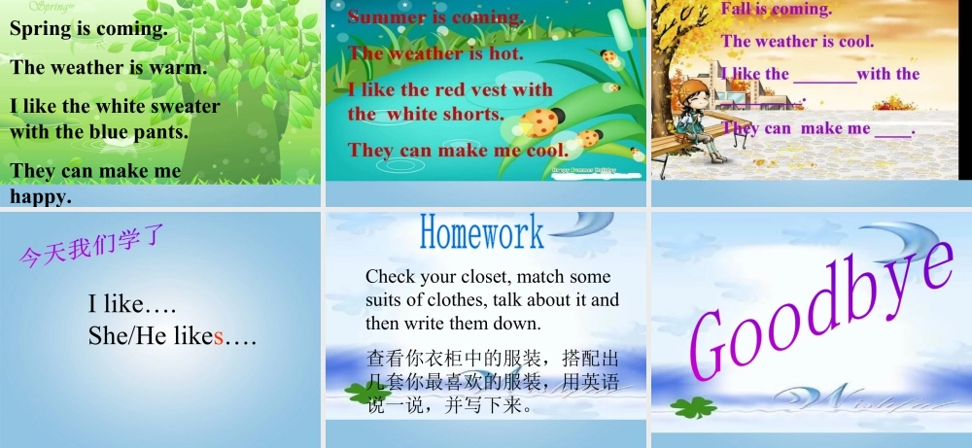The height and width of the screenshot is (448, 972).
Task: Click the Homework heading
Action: coord(482,233)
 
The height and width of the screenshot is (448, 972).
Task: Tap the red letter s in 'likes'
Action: coord(219,336)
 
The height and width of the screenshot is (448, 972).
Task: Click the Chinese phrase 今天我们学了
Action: coord(93,246)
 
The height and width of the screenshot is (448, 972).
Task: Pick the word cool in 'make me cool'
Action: coord(547,150)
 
